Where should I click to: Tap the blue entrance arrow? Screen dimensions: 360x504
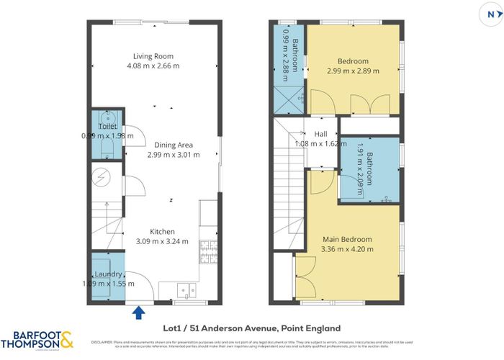point(138,310)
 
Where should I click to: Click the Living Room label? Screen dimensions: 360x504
point(153,55)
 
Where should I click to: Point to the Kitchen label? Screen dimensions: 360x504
point(161,231)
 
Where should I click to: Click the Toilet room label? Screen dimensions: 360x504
point(107,126)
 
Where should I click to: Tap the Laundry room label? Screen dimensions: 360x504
point(109,274)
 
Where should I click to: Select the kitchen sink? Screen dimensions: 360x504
point(187,291)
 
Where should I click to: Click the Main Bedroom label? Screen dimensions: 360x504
point(347,239)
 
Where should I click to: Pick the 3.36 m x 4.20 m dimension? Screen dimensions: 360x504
point(347,249)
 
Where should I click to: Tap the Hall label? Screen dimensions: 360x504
point(321,133)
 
